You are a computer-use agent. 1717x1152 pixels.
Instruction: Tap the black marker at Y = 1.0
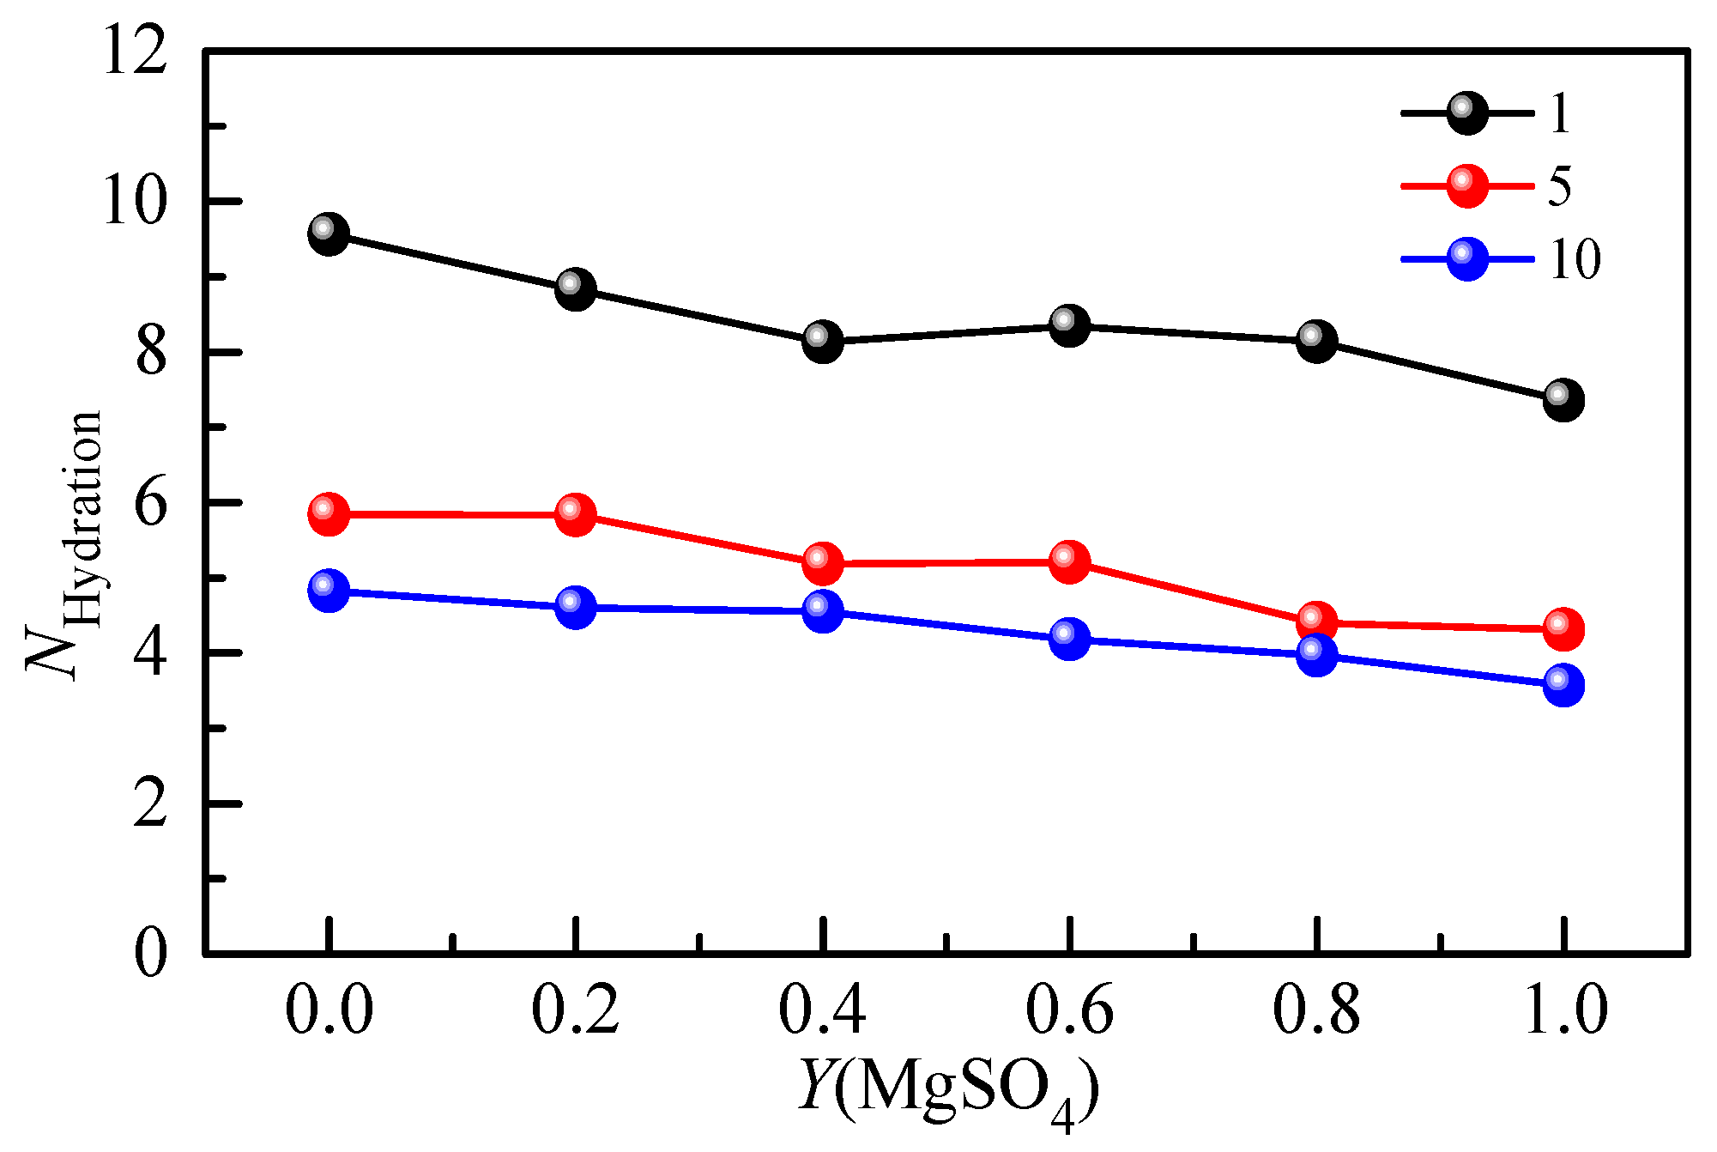tap(1563, 401)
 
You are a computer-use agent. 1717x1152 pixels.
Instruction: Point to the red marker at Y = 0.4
tap(823, 563)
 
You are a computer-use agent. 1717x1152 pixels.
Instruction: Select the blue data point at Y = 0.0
tap(329, 591)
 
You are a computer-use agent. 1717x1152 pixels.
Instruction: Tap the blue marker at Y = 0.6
tap(1070, 639)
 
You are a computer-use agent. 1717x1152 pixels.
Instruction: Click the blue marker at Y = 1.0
tap(1563, 685)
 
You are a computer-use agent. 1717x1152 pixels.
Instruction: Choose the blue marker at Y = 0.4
tap(823, 611)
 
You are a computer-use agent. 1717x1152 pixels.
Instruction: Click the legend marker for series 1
tap(1467, 113)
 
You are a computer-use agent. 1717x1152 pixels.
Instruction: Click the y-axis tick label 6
tap(150, 504)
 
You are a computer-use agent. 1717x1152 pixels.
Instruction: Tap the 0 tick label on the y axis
tap(150, 954)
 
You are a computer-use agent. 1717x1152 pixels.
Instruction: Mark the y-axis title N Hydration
tap(64, 545)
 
